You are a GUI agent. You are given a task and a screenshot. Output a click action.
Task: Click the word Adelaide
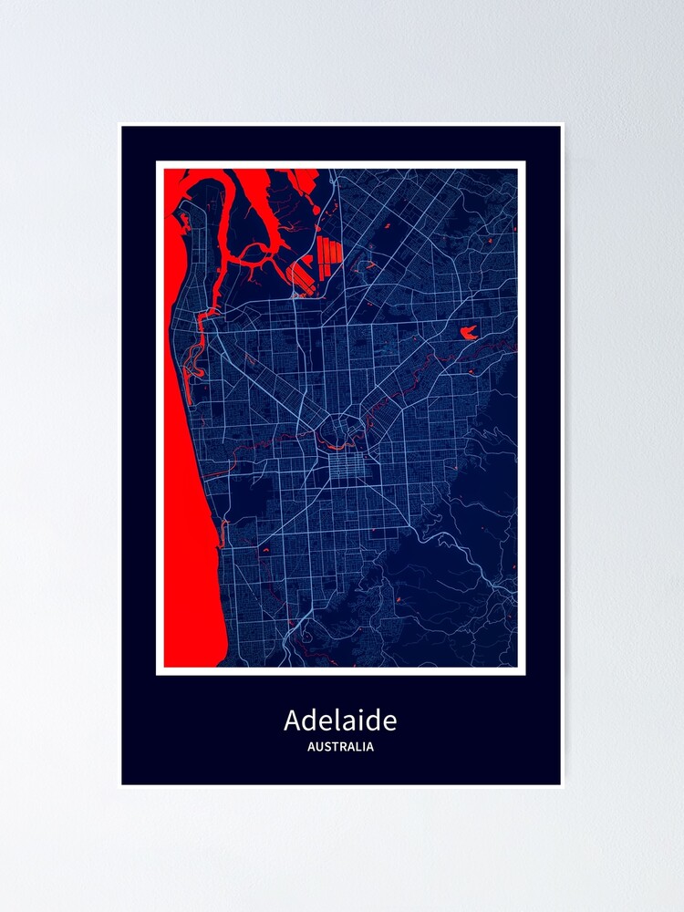pyautogui.click(x=340, y=720)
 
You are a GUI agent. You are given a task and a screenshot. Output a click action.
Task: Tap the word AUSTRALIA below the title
pyautogui.click(x=340, y=747)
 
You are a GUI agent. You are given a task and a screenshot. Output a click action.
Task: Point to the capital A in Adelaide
pyautogui.click(x=293, y=720)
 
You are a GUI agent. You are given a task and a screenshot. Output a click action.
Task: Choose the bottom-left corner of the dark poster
pyautogui.click(x=123, y=783)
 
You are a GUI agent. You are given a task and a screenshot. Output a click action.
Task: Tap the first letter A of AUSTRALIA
pyautogui.click(x=312, y=747)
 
